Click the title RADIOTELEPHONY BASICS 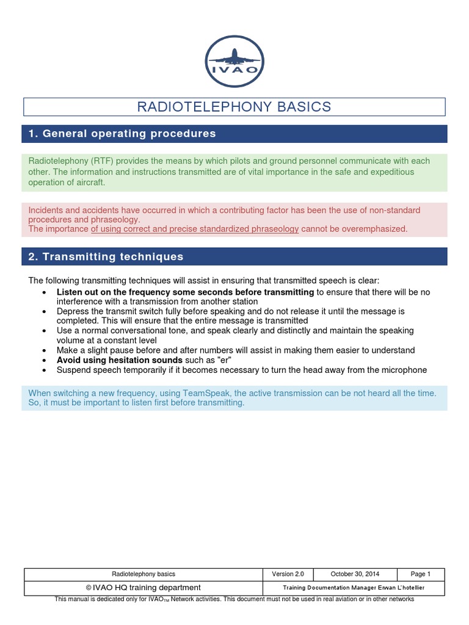click(234, 107)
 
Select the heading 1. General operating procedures click(122, 134)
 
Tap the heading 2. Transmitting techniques click(106, 256)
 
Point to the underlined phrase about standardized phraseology click(195, 229)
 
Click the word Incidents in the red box click(46, 211)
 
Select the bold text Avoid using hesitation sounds click(120, 360)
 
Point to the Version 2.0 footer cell click(288, 574)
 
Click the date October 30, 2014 click(355, 574)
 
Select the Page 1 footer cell click(421, 574)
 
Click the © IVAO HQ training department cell click(144, 587)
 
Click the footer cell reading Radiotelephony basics click(144, 574)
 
